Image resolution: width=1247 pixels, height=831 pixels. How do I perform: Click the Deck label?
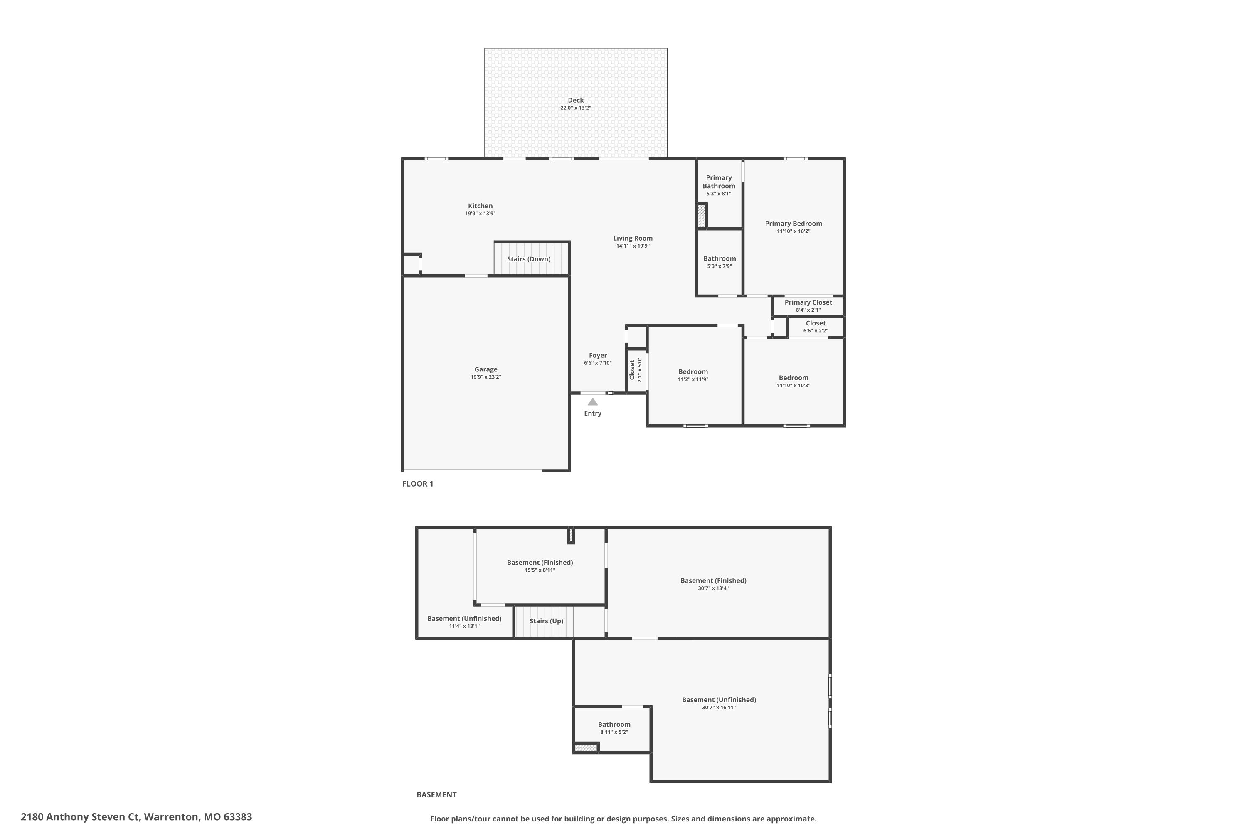click(x=576, y=100)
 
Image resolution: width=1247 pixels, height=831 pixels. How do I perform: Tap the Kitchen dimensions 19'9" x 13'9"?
click(x=481, y=214)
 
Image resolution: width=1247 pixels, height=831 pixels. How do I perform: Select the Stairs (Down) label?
click(x=529, y=259)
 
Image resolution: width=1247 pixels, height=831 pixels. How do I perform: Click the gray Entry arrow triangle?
click(x=593, y=402)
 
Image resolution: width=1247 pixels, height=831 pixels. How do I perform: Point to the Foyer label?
click(x=598, y=356)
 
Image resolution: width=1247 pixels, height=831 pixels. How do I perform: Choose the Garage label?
click(x=485, y=369)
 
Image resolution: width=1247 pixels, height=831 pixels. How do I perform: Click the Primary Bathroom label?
click(x=719, y=182)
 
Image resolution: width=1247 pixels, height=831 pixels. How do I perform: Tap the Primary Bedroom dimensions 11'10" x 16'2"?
click(x=794, y=231)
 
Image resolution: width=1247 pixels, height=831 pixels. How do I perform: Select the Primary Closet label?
click(x=808, y=302)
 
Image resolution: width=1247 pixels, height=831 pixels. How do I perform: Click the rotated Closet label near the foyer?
click(x=632, y=370)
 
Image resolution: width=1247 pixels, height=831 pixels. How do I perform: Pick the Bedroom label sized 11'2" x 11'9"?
click(x=693, y=372)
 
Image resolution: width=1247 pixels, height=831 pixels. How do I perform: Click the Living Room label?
click(x=633, y=238)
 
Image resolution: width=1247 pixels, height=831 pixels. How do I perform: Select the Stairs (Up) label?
click(x=547, y=621)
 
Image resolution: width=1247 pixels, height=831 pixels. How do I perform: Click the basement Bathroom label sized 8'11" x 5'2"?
click(x=614, y=725)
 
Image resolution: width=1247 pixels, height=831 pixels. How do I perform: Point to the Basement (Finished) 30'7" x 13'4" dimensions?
click(x=714, y=588)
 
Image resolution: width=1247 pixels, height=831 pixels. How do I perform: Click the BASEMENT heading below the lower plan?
click(x=436, y=795)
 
